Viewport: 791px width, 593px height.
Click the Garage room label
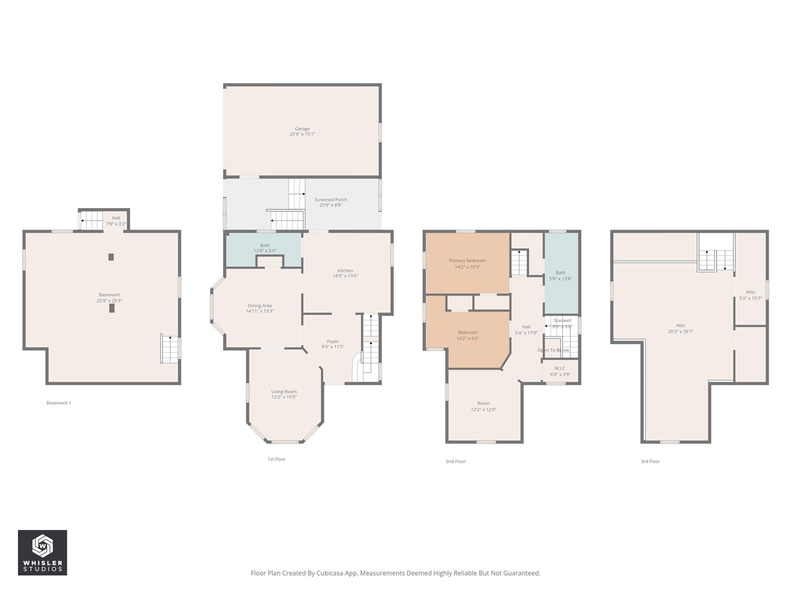pyautogui.click(x=302, y=129)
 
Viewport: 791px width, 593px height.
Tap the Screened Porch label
pyautogui.click(x=331, y=200)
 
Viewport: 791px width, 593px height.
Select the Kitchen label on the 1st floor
pyautogui.click(x=345, y=271)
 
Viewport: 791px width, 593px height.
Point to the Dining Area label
pyautogui.click(x=260, y=306)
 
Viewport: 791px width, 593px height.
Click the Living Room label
pyautogui.click(x=284, y=392)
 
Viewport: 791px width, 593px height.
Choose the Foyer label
pyautogui.click(x=332, y=342)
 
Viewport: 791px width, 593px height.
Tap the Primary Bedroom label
pyautogui.click(x=467, y=261)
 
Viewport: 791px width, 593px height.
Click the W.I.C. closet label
pyautogui.click(x=560, y=368)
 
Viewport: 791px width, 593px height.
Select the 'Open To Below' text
pyautogui.click(x=553, y=350)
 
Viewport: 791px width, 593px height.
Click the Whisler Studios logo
pyautogui.click(x=42, y=552)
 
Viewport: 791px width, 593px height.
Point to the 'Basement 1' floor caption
pyautogui.click(x=59, y=403)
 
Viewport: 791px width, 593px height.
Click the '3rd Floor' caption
pyautogui.click(x=650, y=461)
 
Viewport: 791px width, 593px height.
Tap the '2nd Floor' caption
pyautogui.click(x=455, y=461)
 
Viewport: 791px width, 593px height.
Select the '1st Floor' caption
pyautogui.click(x=276, y=459)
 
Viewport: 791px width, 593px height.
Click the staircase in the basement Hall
pyautogui.click(x=92, y=220)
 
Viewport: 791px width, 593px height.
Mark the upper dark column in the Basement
pyautogui.click(x=111, y=257)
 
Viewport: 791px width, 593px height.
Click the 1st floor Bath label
pyautogui.click(x=265, y=245)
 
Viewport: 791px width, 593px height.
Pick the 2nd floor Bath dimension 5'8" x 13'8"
pyautogui.click(x=560, y=279)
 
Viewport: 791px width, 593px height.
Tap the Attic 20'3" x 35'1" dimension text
pyautogui.click(x=680, y=331)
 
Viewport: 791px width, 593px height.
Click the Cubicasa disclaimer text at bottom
pyautogui.click(x=395, y=573)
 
